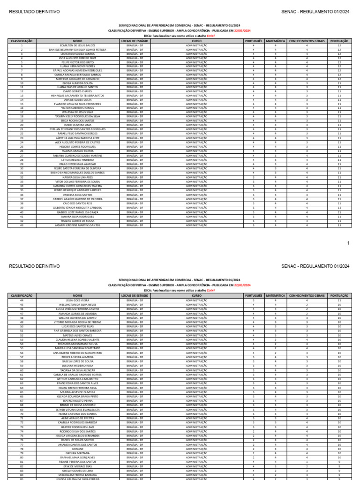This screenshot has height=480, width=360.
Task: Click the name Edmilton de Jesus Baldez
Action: coord(78,45)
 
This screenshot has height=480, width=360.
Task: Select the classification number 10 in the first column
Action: coord(22,83)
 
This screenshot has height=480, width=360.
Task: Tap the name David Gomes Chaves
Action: coord(78,91)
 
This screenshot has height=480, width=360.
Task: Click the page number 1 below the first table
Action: coord(348,243)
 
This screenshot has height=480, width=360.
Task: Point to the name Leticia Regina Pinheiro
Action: coord(78,160)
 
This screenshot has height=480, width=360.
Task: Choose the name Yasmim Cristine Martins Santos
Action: coord(78,225)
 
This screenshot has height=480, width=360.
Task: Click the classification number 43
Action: coord(22,225)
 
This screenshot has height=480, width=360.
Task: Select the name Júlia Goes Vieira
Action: coord(78,300)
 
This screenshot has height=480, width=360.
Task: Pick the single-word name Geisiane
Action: coord(78,449)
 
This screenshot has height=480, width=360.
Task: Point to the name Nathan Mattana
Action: coord(78,453)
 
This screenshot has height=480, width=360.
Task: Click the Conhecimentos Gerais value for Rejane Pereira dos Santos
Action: coord(307,462)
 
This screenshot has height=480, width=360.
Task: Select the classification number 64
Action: coord(22,388)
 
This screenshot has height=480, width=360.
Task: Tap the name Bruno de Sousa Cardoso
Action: coord(78,405)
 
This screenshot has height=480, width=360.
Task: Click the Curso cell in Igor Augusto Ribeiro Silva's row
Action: coord(196,58)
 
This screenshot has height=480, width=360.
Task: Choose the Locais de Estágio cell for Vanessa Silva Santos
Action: coord(135,195)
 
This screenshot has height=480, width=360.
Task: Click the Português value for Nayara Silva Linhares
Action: coord(254,178)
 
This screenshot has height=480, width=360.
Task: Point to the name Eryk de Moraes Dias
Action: coord(78,466)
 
